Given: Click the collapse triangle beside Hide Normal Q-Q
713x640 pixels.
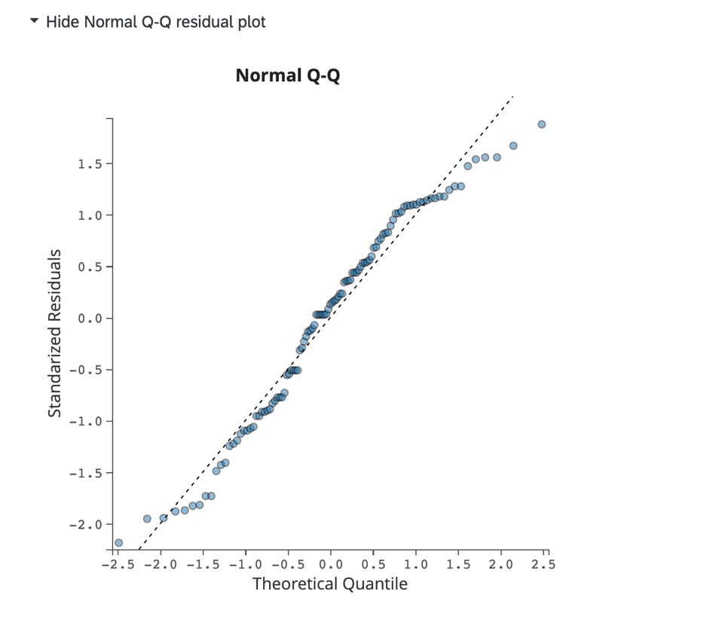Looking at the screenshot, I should click(x=34, y=21).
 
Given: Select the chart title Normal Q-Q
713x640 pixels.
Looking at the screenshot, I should click(x=287, y=76).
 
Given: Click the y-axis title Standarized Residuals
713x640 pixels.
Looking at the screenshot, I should click(x=54, y=334).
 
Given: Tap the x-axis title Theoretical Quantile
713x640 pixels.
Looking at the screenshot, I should click(x=329, y=584).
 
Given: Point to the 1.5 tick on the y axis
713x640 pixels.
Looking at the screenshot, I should click(x=89, y=164).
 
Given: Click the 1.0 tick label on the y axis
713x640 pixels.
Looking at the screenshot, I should click(x=89, y=215).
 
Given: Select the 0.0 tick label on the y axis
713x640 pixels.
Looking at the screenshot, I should click(x=89, y=318).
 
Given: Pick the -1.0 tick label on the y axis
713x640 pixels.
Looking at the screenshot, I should click(x=86, y=421).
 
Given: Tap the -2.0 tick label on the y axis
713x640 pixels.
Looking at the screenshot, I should click(x=86, y=524).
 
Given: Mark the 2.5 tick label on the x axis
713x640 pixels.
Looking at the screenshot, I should click(x=540, y=564).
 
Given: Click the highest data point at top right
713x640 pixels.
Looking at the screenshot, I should click(x=541, y=124).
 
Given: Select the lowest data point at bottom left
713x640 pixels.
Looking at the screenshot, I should click(x=118, y=543).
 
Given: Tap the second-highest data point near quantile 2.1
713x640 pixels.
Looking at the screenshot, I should click(x=513, y=146).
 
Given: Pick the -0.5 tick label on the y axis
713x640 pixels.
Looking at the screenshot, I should click(x=86, y=370).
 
